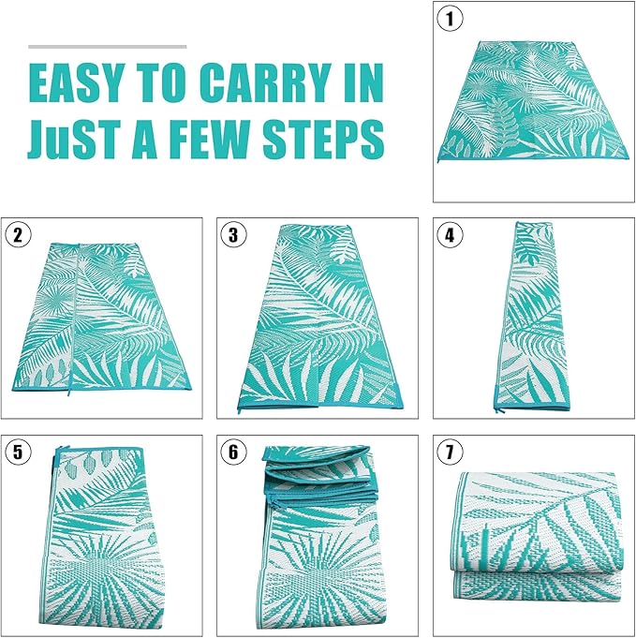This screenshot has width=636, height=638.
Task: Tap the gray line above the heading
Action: [x=107, y=45]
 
